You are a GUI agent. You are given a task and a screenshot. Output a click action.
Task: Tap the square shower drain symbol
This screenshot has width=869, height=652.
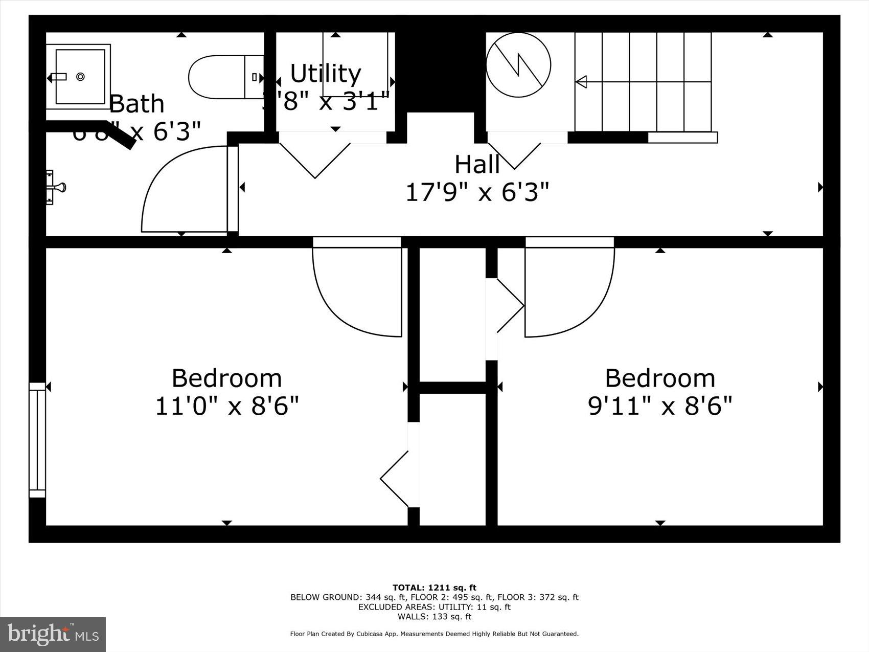[80, 77]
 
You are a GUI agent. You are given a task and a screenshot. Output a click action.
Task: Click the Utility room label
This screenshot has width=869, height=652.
[326, 74]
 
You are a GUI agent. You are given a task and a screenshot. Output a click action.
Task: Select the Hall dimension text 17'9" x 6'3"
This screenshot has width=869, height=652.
[477, 193]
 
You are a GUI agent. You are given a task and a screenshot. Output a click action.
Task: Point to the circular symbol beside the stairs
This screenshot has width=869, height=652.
[518, 65]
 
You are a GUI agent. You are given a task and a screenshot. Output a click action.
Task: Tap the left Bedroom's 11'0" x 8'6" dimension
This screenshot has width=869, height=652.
[226, 407]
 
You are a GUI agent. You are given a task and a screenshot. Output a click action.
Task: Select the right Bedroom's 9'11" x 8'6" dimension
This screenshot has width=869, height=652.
[660, 407]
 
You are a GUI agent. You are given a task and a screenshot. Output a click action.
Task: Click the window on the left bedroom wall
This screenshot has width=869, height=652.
[37, 440]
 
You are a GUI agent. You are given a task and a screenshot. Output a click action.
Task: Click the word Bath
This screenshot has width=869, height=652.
[136, 104]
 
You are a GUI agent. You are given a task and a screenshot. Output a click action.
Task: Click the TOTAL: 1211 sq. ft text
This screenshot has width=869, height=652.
[434, 588]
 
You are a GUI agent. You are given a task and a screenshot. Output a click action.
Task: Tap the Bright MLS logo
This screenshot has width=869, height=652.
[53, 635]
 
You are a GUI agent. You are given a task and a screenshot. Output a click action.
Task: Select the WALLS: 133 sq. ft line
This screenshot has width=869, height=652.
[434, 617]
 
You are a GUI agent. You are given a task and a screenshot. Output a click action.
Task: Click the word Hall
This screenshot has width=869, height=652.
[477, 165]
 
